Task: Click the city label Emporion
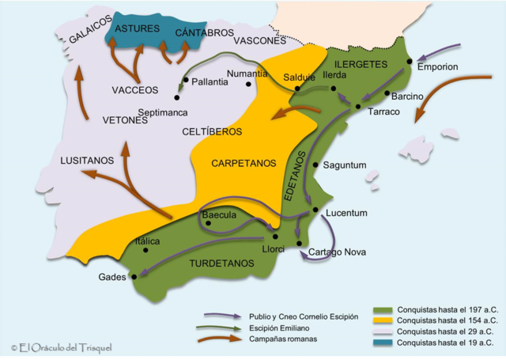pyautogui.click(x=438, y=66)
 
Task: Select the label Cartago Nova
pyautogui.click(x=331, y=252)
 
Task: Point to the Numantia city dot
pyautogui.click(x=248, y=84)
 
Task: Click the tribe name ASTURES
pyautogui.click(x=132, y=28)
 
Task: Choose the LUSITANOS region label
pyautogui.click(x=86, y=161)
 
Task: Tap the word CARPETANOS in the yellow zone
pyautogui.click(x=244, y=163)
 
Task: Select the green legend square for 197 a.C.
pyautogui.click(x=383, y=309)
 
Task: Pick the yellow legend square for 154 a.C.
pyautogui.click(x=383, y=320)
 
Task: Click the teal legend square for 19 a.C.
pyautogui.click(x=383, y=343)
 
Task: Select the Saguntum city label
pyautogui.click(x=345, y=165)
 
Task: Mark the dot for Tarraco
pyautogui.click(x=359, y=106)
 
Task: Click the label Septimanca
pyautogui.click(x=163, y=112)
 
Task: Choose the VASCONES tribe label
pyautogui.click(x=259, y=40)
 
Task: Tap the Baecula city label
pyautogui.click(x=219, y=214)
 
